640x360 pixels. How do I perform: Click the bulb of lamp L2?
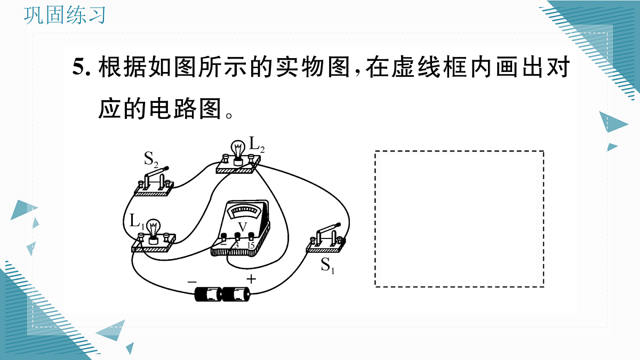(x=238, y=149)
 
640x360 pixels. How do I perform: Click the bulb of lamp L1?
(x=154, y=228)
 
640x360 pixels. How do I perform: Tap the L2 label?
(x=257, y=145)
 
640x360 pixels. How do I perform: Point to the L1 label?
(x=137, y=221)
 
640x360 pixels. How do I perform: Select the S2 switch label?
(x=151, y=159)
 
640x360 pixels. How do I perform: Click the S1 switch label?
(x=327, y=266)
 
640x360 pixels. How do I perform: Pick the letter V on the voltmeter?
(x=242, y=227)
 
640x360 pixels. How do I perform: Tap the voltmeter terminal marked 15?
(x=251, y=236)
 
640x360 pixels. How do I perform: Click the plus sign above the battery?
(x=251, y=279)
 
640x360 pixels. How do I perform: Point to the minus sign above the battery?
(x=192, y=282)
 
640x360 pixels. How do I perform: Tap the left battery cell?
(x=209, y=294)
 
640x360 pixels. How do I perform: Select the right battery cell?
(x=236, y=294)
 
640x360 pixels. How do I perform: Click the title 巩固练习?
(x=65, y=15)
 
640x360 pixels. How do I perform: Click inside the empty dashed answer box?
(x=459, y=219)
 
